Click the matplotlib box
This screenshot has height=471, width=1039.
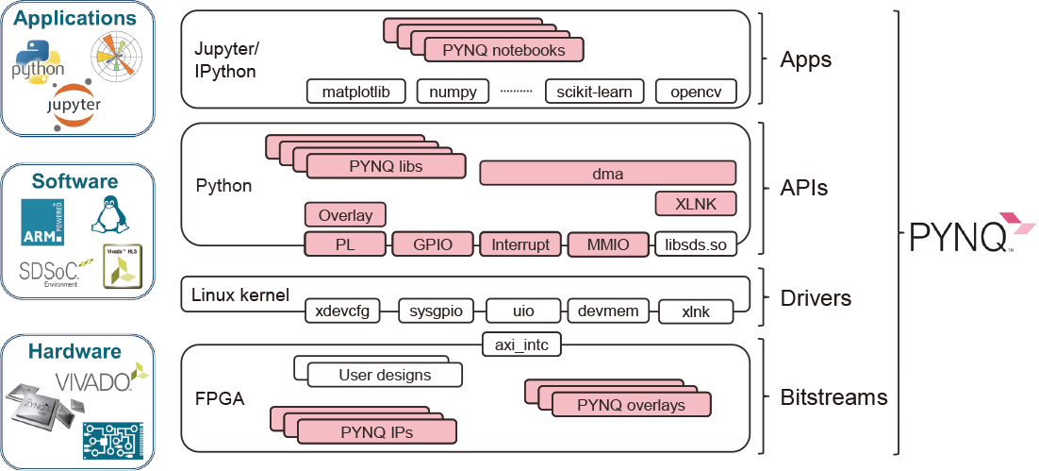pyautogui.click(x=355, y=92)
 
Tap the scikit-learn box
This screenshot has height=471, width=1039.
pyautogui.click(x=595, y=92)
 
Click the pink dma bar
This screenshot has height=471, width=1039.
pyautogui.click(x=607, y=174)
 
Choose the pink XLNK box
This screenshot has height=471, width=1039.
pyautogui.click(x=695, y=204)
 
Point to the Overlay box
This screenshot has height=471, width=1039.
pyautogui.click(x=345, y=214)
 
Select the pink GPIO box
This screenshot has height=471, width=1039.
pyautogui.click(x=433, y=244)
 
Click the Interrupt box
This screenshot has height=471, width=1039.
pyautogui.click(x=520, y=244)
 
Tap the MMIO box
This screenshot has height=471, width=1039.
pyautogui.click(x=607, y=244)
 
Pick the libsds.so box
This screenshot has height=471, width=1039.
pyautogui.click(x=695, y=244)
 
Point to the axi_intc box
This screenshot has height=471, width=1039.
pyautogui.click(x=521, y=345)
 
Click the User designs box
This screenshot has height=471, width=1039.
pyautogui.click(x=385, y=375)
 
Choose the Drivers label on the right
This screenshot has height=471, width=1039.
pyautogui.click(x=816, y=298)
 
